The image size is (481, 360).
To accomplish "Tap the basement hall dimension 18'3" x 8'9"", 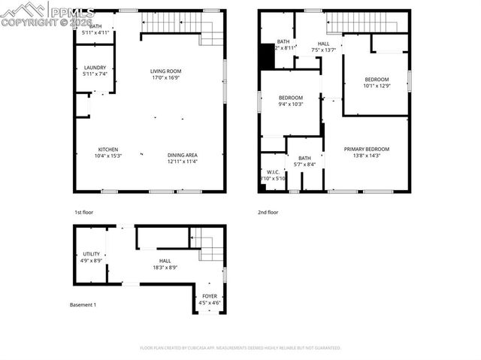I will pyautogui.click(x=165, y=267).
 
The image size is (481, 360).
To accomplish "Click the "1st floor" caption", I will pyautogui.click(x=84, y=213).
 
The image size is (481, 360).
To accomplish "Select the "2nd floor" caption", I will pyautogui.click(x=268, y=213).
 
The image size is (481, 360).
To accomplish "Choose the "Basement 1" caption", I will pyautogui.click(x=83, y=304).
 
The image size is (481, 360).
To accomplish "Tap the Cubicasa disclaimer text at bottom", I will pyautogui.click(x=240, y=348).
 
